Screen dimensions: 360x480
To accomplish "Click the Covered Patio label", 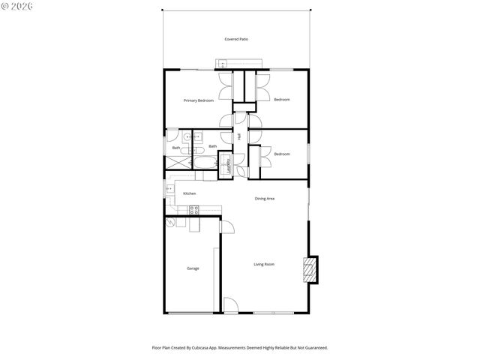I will coord(236,39).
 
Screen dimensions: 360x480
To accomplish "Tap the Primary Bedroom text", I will coord(199,100).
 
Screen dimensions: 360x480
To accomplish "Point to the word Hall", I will coord(239,136).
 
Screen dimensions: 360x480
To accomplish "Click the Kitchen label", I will coord(190,193).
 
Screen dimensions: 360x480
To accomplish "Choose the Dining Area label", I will coord(265,199).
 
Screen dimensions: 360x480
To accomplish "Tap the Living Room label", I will coord(264,264).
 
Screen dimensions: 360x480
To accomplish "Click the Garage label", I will coord(193,268).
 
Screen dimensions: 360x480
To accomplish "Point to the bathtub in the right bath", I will coord(204,161).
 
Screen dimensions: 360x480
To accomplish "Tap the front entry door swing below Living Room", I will coord(230,305).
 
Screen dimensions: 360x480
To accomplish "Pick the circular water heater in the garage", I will coord(171,223).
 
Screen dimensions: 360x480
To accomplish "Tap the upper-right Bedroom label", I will coord(281,100).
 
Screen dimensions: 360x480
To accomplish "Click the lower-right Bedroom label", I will coord(281,154).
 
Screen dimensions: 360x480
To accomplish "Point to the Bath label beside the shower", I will coord(176,148).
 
